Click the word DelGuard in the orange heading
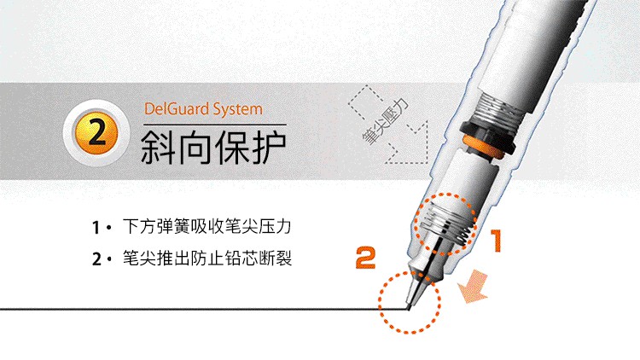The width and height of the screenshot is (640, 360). (177, 109)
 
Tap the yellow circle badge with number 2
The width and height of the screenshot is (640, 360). (96, 133)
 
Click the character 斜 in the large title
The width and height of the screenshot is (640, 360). (158, 148)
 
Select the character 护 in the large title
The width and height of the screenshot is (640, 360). (267, 148)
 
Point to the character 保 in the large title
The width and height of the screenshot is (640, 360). (231, 148)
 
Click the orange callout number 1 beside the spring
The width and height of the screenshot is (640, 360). (496, 241)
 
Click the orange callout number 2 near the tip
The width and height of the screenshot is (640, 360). (366, 258)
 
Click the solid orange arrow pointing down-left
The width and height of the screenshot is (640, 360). (474, 287)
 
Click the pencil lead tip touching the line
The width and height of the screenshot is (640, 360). (409, 307)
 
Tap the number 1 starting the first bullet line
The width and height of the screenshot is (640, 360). (96, 228)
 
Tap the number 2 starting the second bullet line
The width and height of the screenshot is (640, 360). (96, 259)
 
